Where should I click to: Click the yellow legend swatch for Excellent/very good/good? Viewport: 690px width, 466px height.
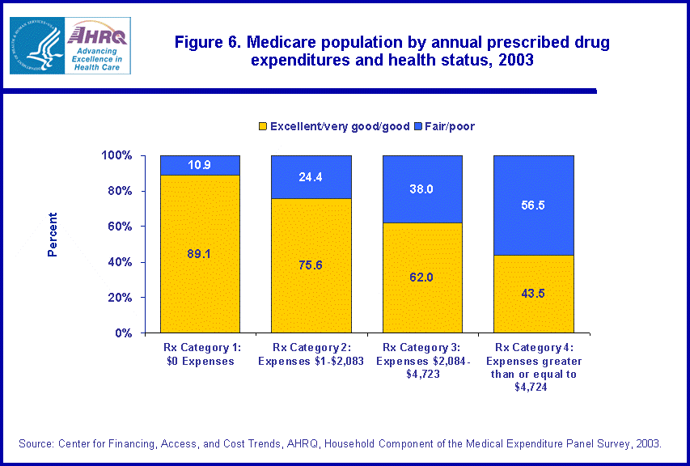tap(262, 126)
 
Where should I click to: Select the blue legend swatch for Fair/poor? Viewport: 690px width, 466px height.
tap(417, 126)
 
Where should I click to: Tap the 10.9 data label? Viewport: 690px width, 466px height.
tap(200, 165)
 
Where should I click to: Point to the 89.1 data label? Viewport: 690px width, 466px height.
tap(200, 253)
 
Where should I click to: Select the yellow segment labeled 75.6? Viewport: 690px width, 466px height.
tap(311, 265)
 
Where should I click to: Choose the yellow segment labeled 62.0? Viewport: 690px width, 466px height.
tap(421, 277)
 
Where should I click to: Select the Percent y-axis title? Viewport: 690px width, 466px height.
tap(53, 235)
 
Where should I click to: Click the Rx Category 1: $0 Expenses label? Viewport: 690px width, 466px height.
tap(200, 355)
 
